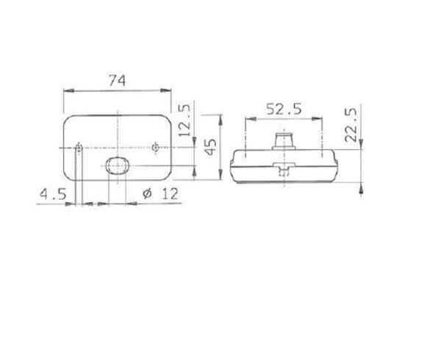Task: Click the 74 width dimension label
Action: [x=117, y=80]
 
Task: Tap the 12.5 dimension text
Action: [x=184, y=120]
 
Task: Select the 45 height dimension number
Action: [x=211, y=146]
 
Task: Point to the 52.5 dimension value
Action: [x=284, y=109]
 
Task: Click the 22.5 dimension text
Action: [x=351, y=124]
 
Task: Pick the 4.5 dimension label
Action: [x=53, y=194]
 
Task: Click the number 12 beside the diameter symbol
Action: [x=171, y=194]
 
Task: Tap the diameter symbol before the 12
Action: [x=148, y=193]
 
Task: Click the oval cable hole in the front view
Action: [x=118, y=165]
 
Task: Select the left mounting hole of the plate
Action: [x=79, y=147]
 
